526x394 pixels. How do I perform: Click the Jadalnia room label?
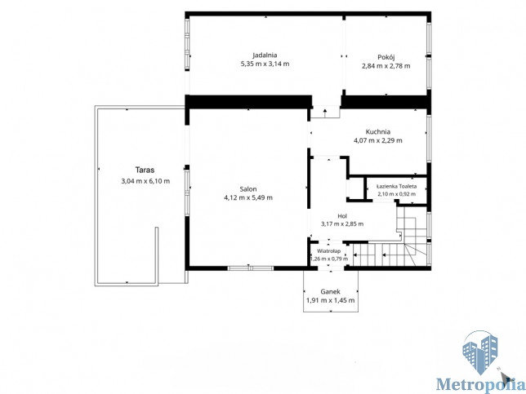[265, 55]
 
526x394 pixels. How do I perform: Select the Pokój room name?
[386, 57]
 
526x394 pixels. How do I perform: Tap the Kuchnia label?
[377, 131]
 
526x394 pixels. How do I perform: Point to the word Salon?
[248, 189]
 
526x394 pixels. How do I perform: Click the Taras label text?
[145, 170]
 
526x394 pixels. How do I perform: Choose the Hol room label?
[342, 216]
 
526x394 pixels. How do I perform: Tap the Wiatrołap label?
[328, 251]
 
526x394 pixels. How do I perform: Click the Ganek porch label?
[331, 291]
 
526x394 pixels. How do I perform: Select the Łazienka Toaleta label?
[396, 186]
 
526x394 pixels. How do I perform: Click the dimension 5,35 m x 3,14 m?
[265, 64]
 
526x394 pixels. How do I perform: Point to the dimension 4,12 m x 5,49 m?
[248, 197]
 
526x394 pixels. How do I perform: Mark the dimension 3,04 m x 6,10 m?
[145, 181]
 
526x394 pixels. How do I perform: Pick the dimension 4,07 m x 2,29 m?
[377, 140]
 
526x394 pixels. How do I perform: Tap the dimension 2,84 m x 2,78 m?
[386, 66]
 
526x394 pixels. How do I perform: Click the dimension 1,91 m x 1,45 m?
[331, 300]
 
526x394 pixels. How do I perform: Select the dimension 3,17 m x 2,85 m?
[342, 224]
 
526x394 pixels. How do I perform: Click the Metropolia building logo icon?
[480, 352]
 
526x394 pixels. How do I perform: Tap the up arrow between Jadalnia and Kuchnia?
[325, 113]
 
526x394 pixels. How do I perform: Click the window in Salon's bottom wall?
[251, 268]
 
